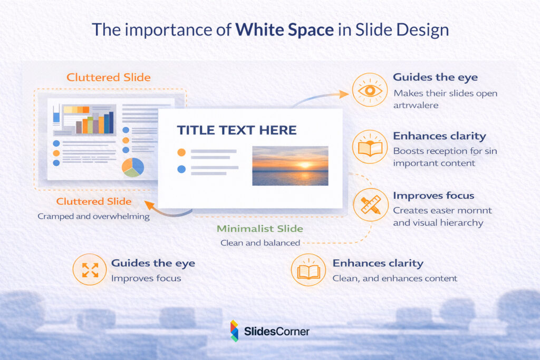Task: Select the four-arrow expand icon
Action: coord(90,270)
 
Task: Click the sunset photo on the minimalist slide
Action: coord(290,166)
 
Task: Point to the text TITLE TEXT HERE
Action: coord(236,130)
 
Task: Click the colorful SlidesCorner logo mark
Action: coord(235,331)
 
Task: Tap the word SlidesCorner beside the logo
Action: coord(276,332)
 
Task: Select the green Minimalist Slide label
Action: coord(260,229)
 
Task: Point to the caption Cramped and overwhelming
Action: coord(94,216)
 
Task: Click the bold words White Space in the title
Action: coord(285,30)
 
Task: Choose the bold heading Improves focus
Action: coord(433,196)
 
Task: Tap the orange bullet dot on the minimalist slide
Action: coord(181,152)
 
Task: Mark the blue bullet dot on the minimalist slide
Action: coord(181,169)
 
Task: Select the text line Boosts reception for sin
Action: coord(445,151)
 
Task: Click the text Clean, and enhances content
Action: coord(394,278)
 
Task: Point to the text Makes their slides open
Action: coord(445,93)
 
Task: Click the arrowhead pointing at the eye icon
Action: coord(344,94)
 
